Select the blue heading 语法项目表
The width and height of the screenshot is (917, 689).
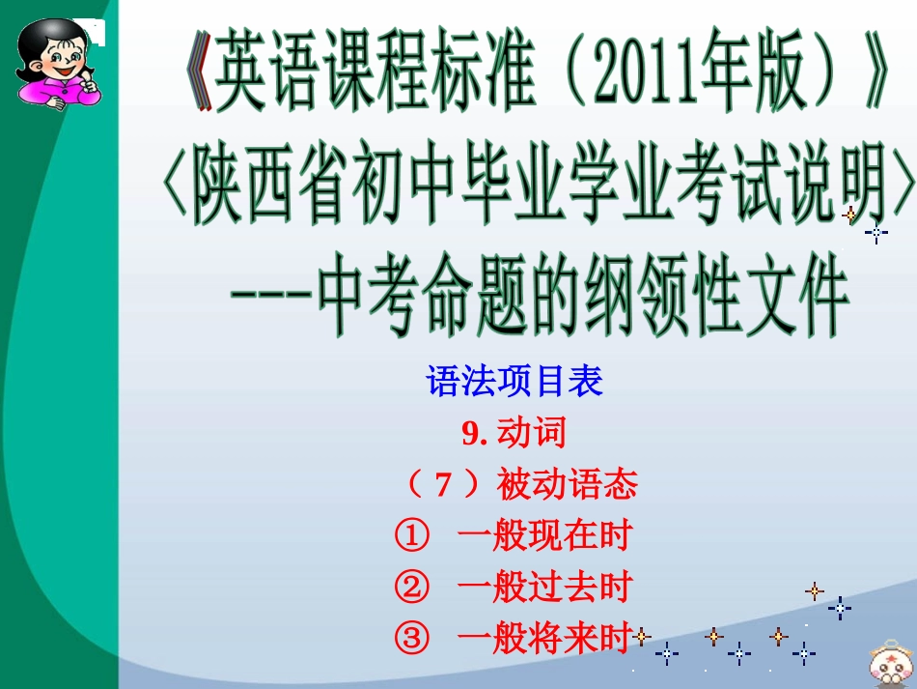[x=514, y=383]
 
